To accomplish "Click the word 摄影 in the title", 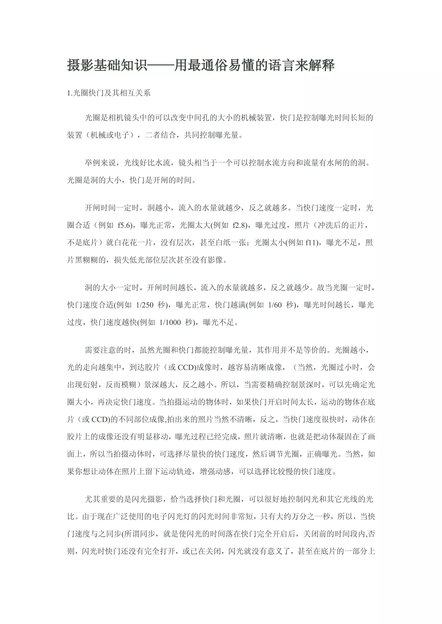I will pyautogui.click(x=80, y=66).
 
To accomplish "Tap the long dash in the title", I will pyautogui.click(x=161, y=66).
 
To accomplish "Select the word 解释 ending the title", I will pyautogui.click(x=321, y=66).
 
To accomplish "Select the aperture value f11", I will pyautogui.click(x=312, y=242).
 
